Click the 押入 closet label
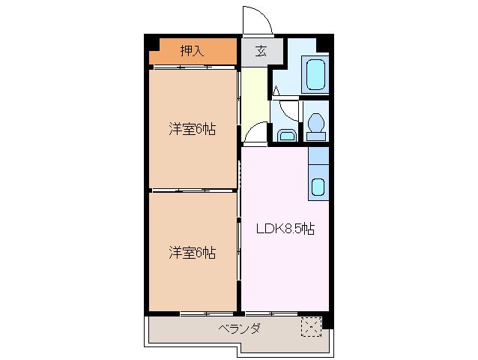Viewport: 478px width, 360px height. [193, 51]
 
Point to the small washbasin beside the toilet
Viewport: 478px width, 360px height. [285, 135]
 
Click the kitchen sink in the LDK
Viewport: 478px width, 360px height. [318, 187]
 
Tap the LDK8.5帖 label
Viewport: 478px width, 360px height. [284, 229]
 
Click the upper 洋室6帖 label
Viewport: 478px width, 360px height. [192, 129]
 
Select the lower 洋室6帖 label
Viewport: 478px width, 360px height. [192, 253]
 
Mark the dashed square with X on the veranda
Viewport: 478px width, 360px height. [310, 326]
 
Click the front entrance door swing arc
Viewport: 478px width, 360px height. [253, 19]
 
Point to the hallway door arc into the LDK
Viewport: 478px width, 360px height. [255, 133]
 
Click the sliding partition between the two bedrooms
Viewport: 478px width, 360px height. [193, 190]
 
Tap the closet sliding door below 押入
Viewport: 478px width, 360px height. [193, 67]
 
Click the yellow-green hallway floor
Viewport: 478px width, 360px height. [255, 94]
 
